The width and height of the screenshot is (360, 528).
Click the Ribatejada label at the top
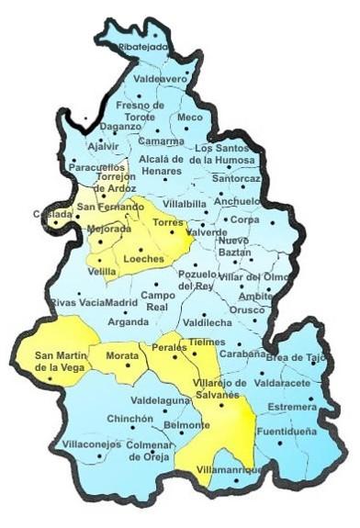pyautogui.click(x=144, y=47)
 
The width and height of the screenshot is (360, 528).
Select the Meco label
pyautogui.click(x=190, y=118)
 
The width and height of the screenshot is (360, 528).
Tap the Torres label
pyautogui.click(x=169, y=223)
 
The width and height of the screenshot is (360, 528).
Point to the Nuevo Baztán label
pyautogui.click(x=234, y=245)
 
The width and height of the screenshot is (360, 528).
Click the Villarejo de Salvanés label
pyautogui.click(x=217, y=388)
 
